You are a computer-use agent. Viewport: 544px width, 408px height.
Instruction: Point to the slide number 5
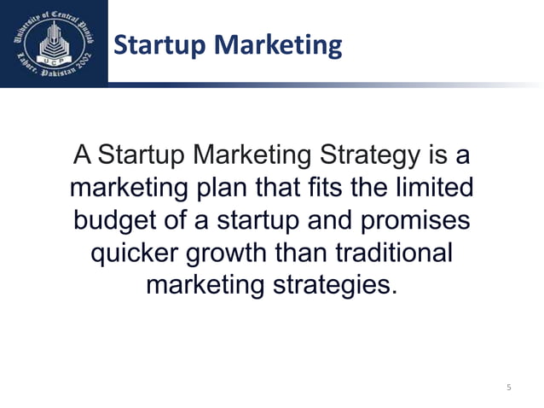(508, 388)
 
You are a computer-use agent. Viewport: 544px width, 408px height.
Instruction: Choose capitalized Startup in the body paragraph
(143, 157)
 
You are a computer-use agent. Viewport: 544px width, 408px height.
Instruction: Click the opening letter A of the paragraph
(82, 157)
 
